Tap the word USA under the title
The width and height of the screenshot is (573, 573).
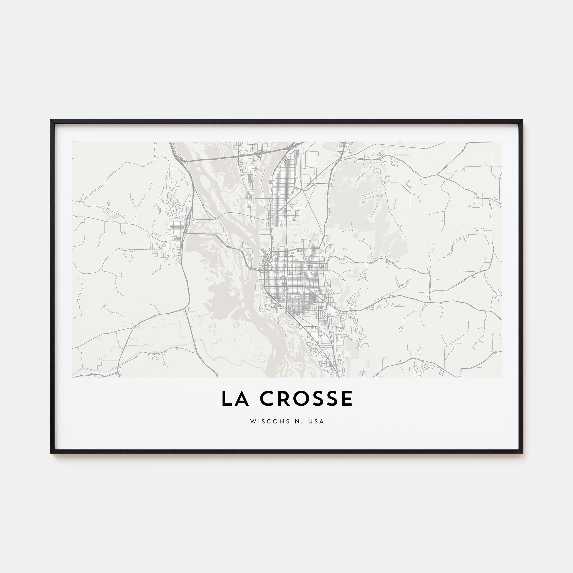pyautogui.click(x=316, y=421)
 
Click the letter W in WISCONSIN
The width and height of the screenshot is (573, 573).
pyautogui.click(x=252, y=421)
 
